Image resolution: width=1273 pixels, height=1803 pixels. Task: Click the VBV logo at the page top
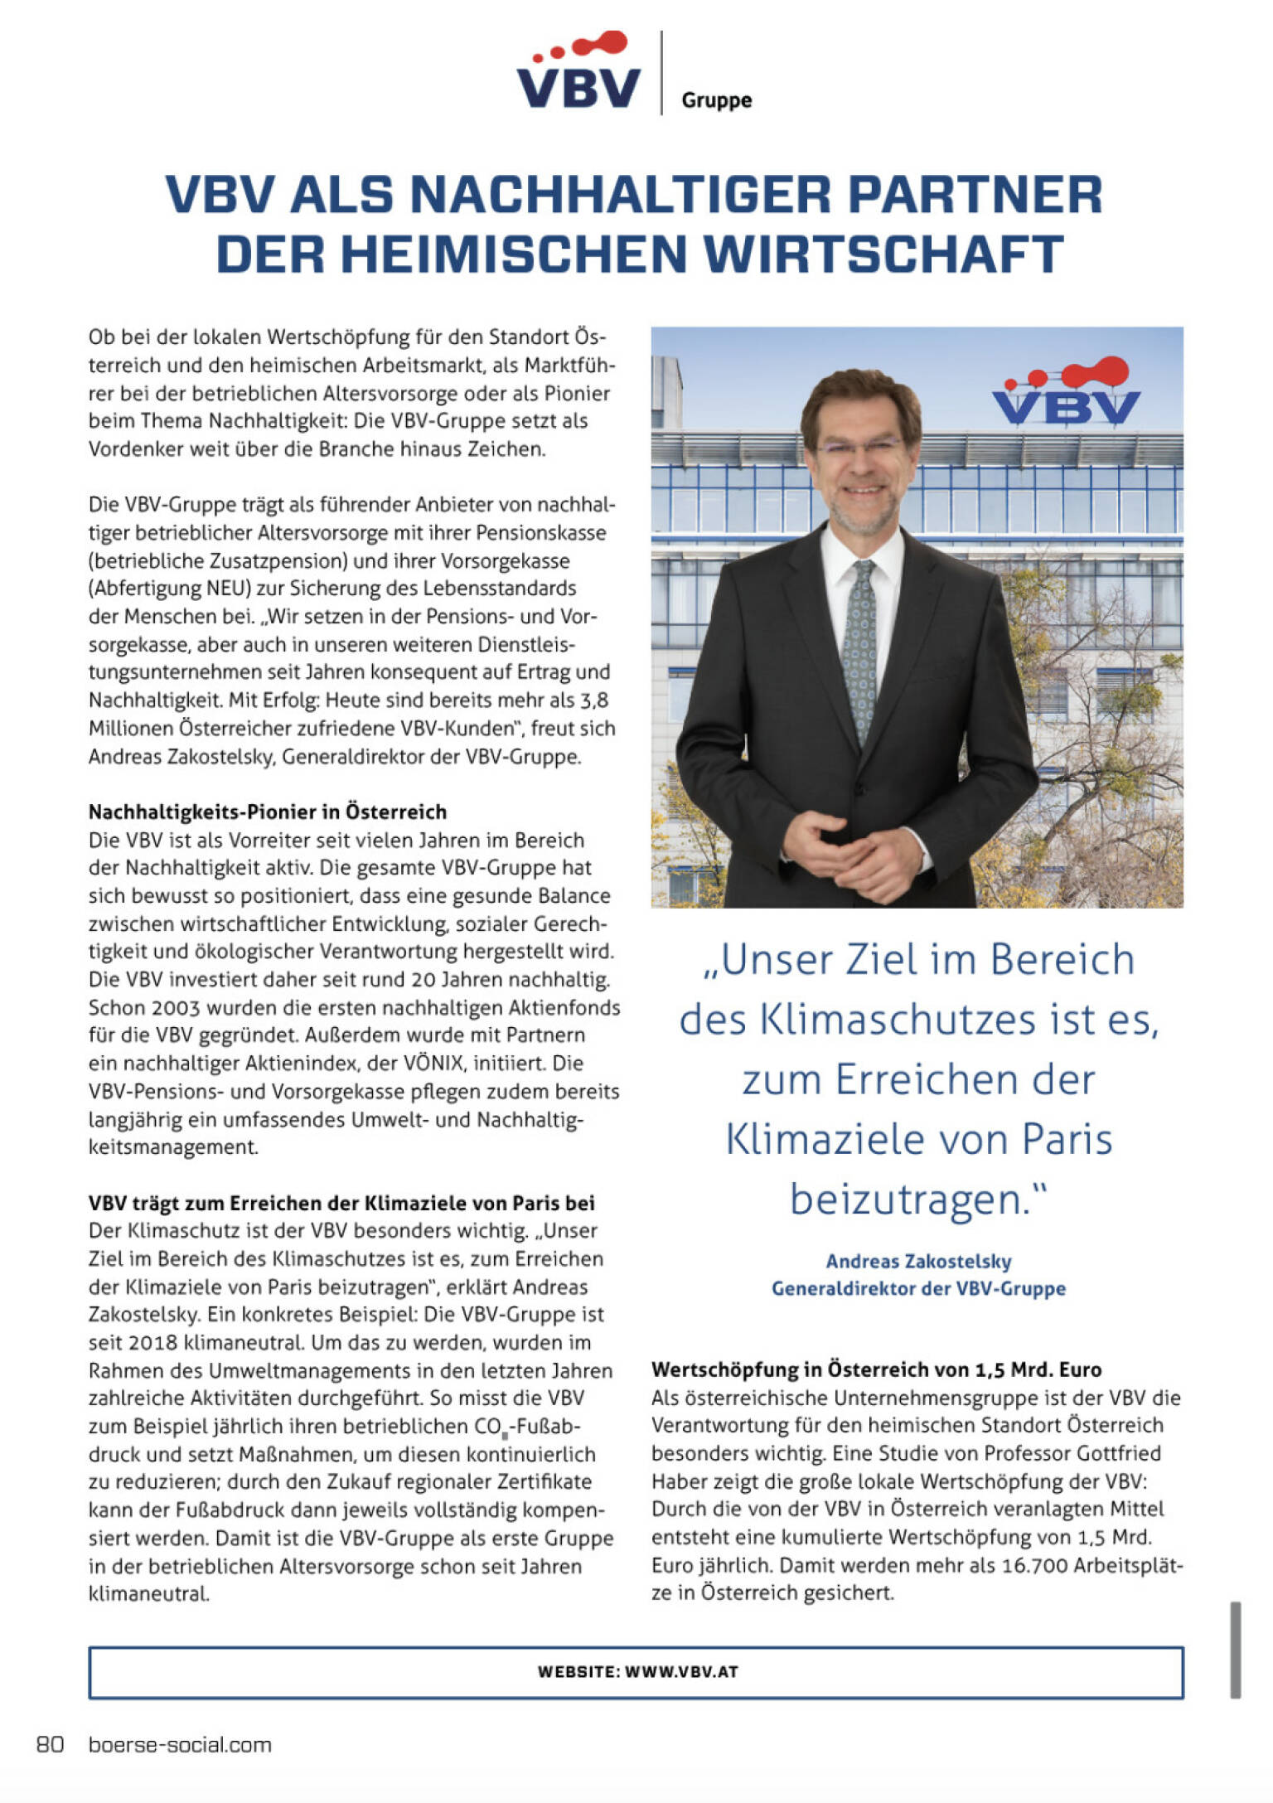[578, 73]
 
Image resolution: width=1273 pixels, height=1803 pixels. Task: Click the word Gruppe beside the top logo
[716, 100]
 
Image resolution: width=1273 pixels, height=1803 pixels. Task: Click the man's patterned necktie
[860, 647]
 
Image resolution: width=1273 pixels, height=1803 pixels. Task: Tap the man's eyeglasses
[859, 448]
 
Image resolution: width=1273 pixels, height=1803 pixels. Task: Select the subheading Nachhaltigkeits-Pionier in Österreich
[268, 812]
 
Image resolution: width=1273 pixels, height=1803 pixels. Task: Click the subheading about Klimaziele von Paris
[341, 1203]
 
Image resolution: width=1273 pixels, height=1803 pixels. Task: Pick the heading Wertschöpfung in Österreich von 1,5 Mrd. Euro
[876, 1369]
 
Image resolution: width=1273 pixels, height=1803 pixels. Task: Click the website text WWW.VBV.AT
[681, 1671]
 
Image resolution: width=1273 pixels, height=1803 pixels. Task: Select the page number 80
[50, 1744]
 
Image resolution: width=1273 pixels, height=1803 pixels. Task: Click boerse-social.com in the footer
[180, 1744]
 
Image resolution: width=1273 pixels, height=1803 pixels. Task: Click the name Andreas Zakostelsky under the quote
[918, 1261]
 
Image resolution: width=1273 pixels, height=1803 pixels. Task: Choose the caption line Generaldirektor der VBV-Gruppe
[918, 1288]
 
